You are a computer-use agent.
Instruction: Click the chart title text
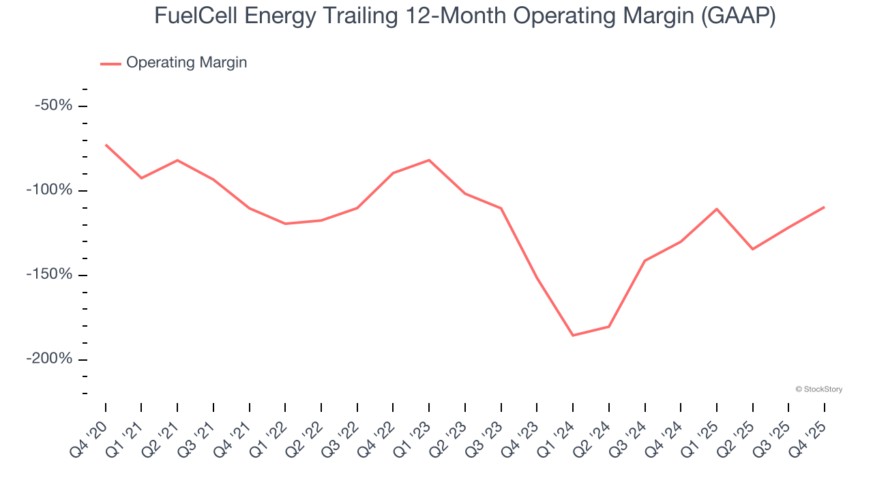(x=464, y=16)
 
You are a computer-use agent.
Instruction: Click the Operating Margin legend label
(x=186, y=63)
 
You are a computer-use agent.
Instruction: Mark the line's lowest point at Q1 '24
(x=573, y=336)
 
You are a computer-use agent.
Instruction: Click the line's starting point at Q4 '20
(x=106, y=145)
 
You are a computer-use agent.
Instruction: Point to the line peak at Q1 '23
(x=429, y=160)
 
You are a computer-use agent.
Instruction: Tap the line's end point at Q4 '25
(x=824, y=207)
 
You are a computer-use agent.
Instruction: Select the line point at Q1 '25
(x=716, y=209)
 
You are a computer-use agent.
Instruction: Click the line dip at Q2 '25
(x=752, y=249)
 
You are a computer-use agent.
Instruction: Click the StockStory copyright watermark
(x=818, y=389)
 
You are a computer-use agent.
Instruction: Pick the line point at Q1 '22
(x=285, y=224)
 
